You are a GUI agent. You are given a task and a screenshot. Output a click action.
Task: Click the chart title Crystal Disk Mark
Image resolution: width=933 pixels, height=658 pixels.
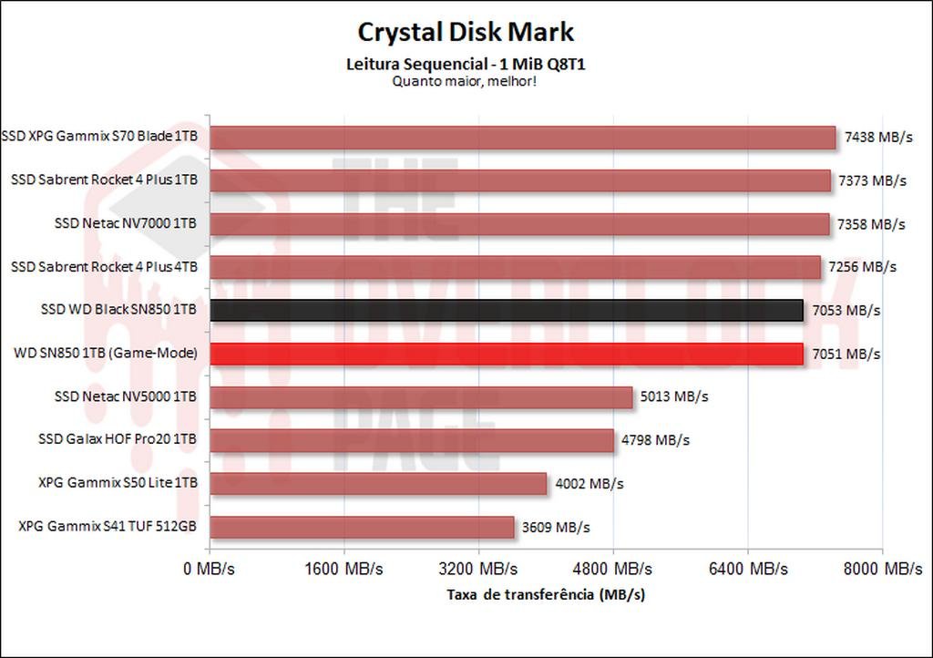tap(466, 32)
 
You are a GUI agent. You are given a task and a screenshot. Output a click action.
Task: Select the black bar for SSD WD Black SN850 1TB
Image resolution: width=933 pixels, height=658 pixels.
tap(507, 310)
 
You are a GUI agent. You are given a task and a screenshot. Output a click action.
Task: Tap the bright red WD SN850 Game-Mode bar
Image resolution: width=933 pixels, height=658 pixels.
tap(507, 353)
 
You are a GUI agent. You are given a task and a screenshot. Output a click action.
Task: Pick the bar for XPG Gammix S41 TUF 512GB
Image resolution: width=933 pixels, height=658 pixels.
tap(363, 527)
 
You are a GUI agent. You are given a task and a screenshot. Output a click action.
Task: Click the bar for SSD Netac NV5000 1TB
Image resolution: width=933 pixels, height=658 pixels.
tap(421, 397)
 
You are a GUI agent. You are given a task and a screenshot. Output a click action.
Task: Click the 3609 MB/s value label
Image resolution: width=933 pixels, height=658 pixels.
tap(556, 527)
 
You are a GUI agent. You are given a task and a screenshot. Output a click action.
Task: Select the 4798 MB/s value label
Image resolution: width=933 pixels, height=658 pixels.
tap(655, 440)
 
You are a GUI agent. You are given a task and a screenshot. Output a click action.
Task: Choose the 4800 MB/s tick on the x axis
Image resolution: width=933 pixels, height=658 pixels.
tap(613, 569)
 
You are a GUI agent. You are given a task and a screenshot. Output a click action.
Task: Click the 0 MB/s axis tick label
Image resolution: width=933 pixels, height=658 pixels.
tap(210, 569)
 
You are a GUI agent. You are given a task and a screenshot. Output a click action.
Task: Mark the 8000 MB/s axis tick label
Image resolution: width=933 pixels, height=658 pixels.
tap(882, 569)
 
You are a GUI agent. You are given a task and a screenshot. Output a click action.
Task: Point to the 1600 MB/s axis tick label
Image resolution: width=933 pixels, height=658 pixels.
tap(343, 569)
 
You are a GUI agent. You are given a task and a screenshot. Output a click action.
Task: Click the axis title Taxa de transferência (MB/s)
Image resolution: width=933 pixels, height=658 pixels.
tap(546, 594)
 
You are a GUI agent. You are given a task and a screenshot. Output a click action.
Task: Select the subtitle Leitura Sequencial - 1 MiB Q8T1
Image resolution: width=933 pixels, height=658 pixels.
tap(465, 64)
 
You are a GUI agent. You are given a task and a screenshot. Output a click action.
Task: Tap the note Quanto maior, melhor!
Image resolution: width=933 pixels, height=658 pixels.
tap(465, 80)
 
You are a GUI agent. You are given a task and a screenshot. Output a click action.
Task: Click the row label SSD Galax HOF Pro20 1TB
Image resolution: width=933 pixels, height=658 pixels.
tap(118, 440)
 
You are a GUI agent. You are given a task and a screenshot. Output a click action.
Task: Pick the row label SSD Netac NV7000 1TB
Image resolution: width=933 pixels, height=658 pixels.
tap(126, 223)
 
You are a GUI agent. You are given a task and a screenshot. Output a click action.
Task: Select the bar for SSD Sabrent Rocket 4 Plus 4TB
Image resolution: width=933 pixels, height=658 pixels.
tap(516, 267)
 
